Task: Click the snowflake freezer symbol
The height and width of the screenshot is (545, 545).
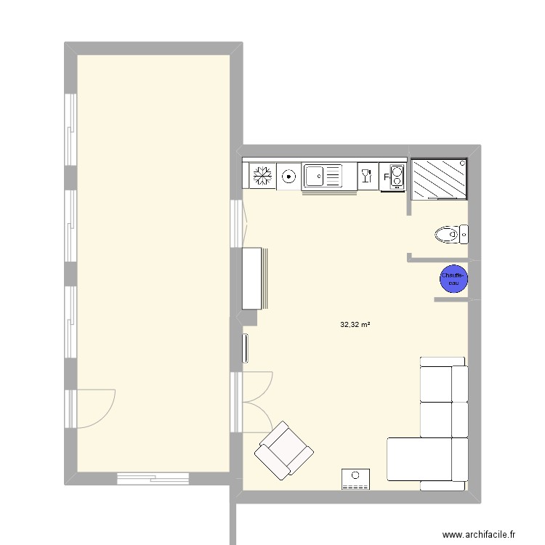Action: tap(262, 175)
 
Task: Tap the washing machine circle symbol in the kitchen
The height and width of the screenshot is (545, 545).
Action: tap(289, 175)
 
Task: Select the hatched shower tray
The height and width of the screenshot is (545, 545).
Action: tap(439, 179)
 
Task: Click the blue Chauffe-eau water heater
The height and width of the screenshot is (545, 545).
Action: tap(453, 279)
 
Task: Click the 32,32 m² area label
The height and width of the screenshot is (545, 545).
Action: tap(355, 326)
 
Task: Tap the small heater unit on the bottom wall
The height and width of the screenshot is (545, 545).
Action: tap(356, 478)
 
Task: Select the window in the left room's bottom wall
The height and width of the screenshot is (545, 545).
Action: tap(153, 478)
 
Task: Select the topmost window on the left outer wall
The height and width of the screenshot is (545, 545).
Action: tap(70, 130)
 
